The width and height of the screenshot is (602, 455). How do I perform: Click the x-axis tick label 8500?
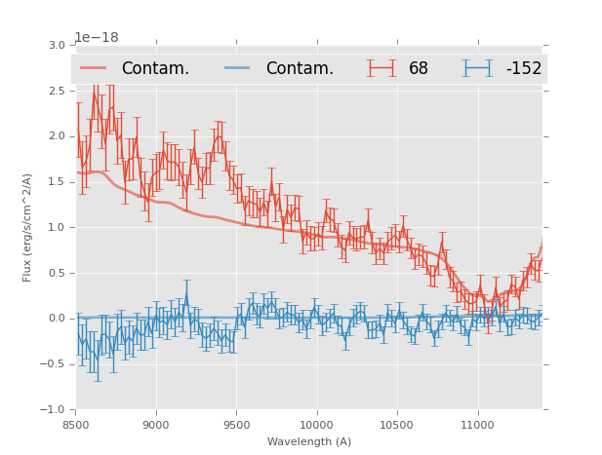[x=76, y=424]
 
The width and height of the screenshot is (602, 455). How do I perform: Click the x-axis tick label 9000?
[x=156, y=424]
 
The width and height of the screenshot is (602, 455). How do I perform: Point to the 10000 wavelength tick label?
[x=317, y=424]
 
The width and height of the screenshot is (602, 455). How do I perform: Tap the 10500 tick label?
[x=397, y=424]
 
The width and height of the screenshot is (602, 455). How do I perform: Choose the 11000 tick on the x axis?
[x=478, y=424]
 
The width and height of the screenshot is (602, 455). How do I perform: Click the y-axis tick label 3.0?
[x=55, y=46]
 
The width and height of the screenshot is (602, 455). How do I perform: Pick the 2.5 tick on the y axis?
[x=55, y=91]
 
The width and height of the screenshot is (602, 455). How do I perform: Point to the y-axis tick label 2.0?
[x=55, y=136]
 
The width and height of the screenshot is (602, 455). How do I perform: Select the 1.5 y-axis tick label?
[x=55, y=182]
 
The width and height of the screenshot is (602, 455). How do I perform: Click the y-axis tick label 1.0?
[x=55, y=228]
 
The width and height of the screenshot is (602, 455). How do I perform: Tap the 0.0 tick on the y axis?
[x=55, y=319]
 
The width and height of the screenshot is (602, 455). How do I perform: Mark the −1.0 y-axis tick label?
[x=52, y=410]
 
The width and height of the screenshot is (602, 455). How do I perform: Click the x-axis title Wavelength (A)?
[x=309, y=442]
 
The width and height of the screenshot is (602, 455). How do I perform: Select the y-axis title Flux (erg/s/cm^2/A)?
[x=27, y=227]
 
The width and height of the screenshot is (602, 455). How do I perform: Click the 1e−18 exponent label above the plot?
[x=97, y=38]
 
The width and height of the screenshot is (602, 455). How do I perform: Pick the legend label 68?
[x=419, y=69]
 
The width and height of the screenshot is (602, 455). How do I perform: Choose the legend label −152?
[x=523, y=69]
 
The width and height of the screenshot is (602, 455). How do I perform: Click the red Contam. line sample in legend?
[x=94, y=68]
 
